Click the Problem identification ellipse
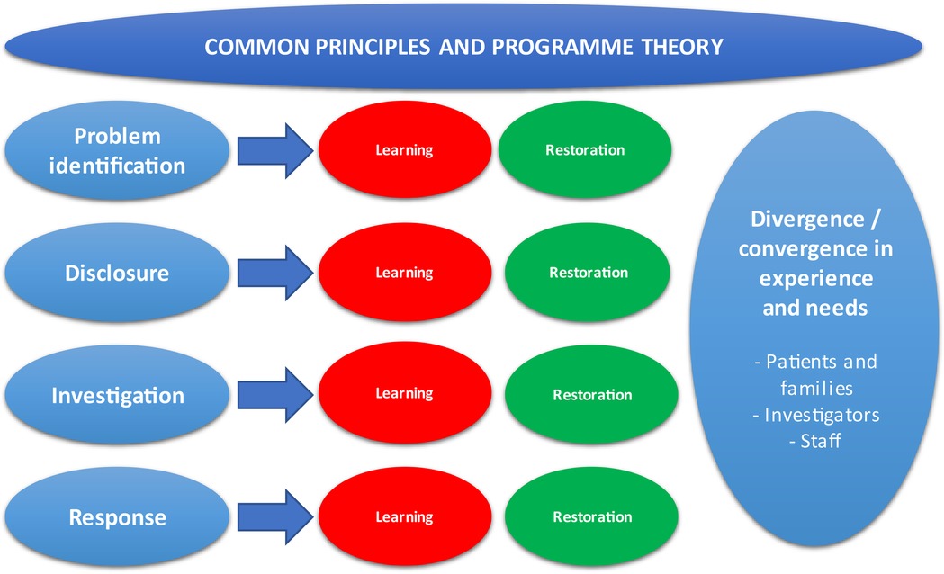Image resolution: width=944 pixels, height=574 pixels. (x=117, y=150)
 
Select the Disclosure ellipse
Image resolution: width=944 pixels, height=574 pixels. (x=117, y=273)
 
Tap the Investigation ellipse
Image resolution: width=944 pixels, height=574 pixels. (x=117, y=395)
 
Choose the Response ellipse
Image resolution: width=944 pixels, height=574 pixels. (x=117, y=517)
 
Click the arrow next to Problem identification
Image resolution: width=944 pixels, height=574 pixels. (x=275, y=150)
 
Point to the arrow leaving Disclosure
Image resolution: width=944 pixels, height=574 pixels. (x=275, y=273)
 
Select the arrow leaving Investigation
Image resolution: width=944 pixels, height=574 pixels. (x=275, y=395)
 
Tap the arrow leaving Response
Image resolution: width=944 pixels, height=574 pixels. (x=275, y=516)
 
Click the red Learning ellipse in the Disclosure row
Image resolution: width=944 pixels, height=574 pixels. (x=405, y=272)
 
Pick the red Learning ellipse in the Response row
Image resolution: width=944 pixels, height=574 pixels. (x=405, y=516)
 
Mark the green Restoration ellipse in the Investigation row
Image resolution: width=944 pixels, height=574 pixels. (x=592, y=395)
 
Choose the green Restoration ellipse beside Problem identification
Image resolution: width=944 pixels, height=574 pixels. (x=585, y=150)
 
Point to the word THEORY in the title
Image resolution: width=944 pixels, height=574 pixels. (x=682, y=47)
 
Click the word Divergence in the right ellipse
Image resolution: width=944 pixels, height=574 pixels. (x=807, y=219)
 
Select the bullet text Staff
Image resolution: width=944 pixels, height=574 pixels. (x=821, y=441)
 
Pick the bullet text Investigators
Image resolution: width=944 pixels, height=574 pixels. (x=822, y=415)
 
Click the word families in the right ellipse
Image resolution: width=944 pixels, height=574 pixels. (x=816, y=388)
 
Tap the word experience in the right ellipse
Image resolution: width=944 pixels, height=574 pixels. (x=816, y=279)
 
